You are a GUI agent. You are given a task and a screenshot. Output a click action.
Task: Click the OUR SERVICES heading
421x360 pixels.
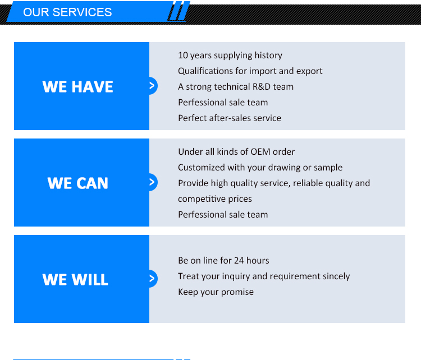(67, 12)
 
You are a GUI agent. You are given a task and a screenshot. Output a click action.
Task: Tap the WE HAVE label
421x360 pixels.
(77, 87)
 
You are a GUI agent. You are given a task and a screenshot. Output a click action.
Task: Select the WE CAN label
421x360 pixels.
(77, 183)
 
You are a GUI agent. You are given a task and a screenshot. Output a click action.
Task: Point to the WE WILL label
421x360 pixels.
(75, 279)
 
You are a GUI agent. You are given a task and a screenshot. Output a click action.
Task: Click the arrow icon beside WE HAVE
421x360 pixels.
(152, 86)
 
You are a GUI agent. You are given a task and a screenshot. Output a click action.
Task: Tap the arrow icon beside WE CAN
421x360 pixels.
(152, 182)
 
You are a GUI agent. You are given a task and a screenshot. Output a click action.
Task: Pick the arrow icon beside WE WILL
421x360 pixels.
(152, 279)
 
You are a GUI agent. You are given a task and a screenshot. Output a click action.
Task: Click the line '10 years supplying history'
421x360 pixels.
(230, 56)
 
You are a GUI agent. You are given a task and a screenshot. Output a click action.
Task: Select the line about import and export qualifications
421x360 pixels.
(250, 71)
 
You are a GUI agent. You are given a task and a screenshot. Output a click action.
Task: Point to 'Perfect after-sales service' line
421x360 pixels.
(230, 118)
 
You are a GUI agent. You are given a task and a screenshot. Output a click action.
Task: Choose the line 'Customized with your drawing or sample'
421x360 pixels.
(260, 168)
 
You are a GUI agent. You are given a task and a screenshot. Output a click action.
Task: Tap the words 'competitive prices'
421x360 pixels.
(215, 199)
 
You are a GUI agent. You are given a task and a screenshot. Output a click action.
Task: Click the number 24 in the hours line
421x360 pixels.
(239, 261)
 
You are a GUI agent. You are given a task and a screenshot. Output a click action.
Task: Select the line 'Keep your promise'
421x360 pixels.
(216, 292)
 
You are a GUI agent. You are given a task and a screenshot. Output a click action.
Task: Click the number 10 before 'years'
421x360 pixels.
(183, 56)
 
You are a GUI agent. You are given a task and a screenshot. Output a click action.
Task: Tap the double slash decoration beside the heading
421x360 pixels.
(179, 11)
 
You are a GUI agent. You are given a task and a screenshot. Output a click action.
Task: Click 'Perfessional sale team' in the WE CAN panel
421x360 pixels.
(223, 215)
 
